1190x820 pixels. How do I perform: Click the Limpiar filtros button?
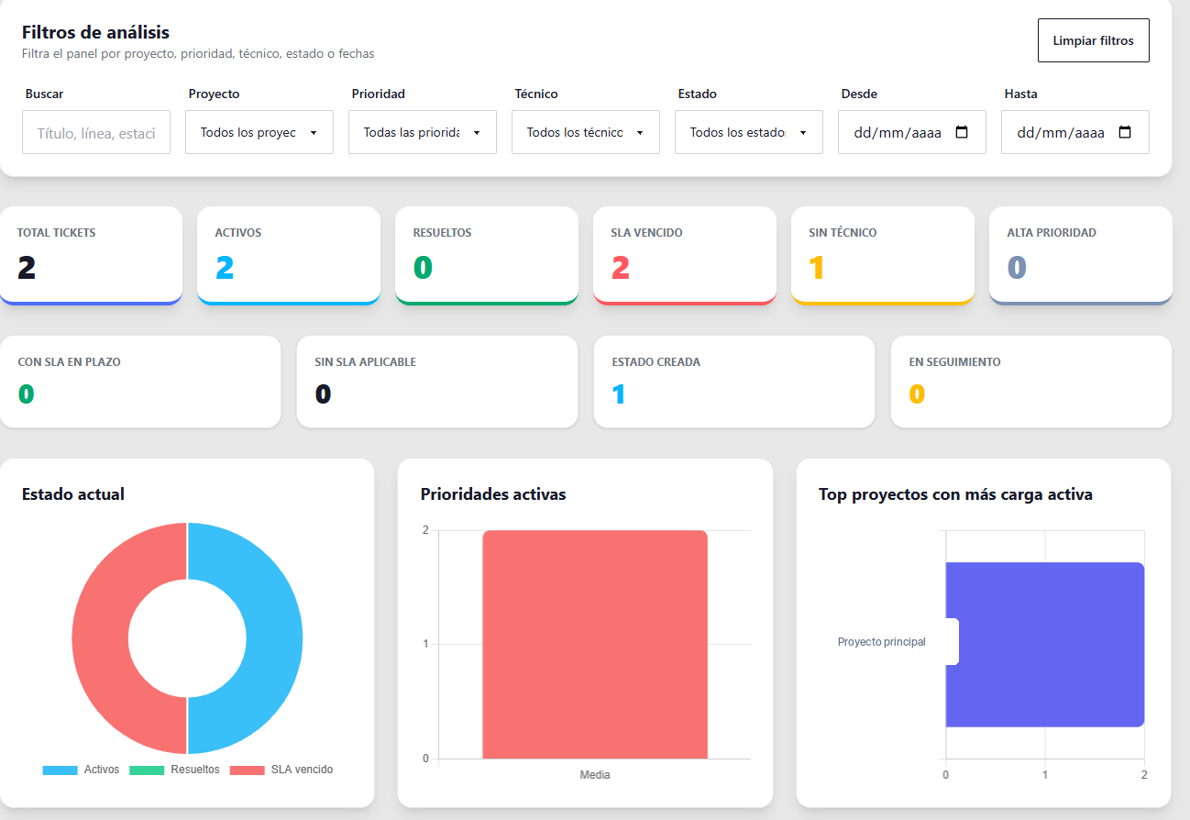point(1094,40)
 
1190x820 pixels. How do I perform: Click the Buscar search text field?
point(96,132)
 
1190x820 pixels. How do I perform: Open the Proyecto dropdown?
point(259,132)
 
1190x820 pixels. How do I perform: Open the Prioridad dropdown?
point(423,132)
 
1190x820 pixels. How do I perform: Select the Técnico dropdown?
point(586,132)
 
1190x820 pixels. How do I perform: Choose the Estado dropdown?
point(748,132)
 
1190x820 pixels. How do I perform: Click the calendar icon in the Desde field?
point(962,132)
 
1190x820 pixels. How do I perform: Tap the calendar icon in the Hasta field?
point(1125,132)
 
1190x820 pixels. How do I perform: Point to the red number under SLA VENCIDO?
point(621,267)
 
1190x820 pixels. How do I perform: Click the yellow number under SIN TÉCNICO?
point(817,267)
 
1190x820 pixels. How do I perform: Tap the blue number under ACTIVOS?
point(225,267)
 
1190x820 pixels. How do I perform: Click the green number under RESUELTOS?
point(423,267)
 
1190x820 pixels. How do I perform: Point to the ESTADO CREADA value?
point(618,393)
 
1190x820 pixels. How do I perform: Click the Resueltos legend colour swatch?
point(147,770)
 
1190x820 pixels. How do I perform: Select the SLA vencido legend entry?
point(281,770)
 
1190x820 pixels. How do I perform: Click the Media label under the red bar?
point(594,775)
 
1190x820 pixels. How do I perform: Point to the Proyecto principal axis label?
point(881,642)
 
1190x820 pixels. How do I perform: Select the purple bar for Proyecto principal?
point(1045,645)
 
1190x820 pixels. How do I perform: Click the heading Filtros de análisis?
point(95,32)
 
